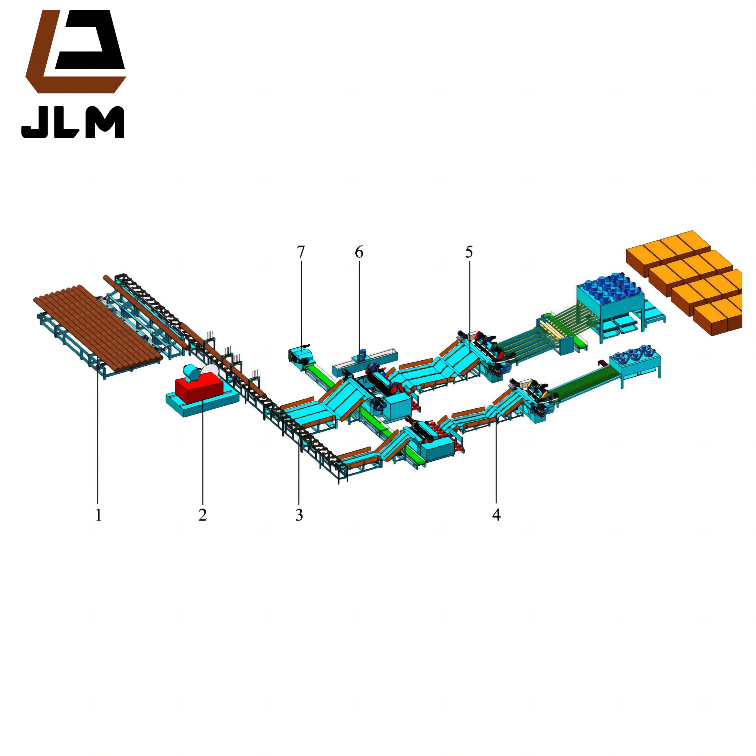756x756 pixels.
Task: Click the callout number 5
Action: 469,252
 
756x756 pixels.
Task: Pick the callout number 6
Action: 359,252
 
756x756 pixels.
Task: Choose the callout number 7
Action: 300,252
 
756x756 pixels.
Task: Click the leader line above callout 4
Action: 496,462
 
